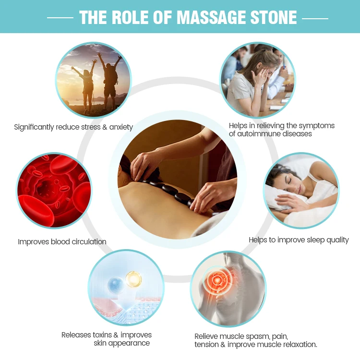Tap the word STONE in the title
(x=274, y=17)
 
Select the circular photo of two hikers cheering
(x=93, y=79)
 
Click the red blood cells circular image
(x=54, y=191)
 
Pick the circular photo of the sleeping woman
(x=301, y=190)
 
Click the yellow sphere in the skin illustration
(x=133, y=279)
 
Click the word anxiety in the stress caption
(x=120, y=127)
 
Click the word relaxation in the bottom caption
(x=298, y=344)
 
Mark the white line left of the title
(x=60, y=18)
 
